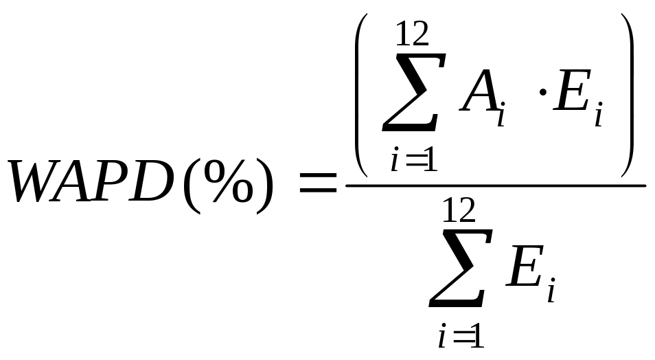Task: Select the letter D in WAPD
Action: click(150, 181)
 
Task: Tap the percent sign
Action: click(228, 181)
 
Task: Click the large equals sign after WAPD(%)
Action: click(319, 183)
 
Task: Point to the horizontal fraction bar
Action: click(496, 185)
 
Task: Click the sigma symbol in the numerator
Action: click(413, 92)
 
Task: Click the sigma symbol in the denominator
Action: click(460, 268)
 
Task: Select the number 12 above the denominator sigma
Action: click(459, 210)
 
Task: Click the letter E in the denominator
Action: click(525, 266)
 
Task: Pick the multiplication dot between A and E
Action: click(543, 92)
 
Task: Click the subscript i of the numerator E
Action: click(599, 114)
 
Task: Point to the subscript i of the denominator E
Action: click(551, 290)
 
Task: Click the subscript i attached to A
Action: click(501, 114)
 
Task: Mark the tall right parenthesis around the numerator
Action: click(628, 95)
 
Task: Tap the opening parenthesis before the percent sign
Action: click(192, 185)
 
